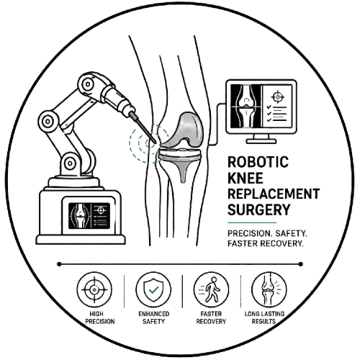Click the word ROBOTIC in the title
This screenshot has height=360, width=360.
pyautogui.click(x=258, y=162)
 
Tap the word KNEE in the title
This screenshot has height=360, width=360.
pyautogui.click(x=246, y=178)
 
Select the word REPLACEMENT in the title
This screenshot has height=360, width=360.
pyautogui.click(x=274, y=194)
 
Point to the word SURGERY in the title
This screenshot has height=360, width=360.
pyautogui.click(x=259, y=210)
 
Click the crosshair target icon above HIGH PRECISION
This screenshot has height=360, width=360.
pyautogui.click(x=94, y=289)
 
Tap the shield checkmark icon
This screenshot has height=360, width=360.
pyautogui.click(x=153, y=289)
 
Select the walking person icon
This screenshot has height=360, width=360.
pyautogui.click(x=211, y=289)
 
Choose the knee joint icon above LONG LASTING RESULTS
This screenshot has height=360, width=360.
pyautogui.click(x=269, y=289)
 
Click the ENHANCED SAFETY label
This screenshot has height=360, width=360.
pyautogui.click(x=154, y=318)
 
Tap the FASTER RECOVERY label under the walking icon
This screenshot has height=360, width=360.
pyautogui.click(x=211, y=318)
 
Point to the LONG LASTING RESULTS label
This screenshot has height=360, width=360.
pyautogui.click(x=264, y=318)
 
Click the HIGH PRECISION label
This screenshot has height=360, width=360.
pyautogui.click(x=100, y=318)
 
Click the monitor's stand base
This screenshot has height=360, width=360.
pyautogui.click(x=261, y=141)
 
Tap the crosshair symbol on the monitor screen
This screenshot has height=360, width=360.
pyautogui.click(x=278, y=97)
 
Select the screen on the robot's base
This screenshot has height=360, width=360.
pyautogui.click(x=89, y=216)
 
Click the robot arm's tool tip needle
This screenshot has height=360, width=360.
pyautogui.click(x=143, y=128)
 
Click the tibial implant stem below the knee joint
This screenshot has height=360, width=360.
pyautogui.click(x=183, y=171)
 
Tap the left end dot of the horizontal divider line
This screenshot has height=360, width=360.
pyautogui.click(x=59, y=264)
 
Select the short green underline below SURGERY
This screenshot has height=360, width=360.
pyautogui.click(x=252, y=222)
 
